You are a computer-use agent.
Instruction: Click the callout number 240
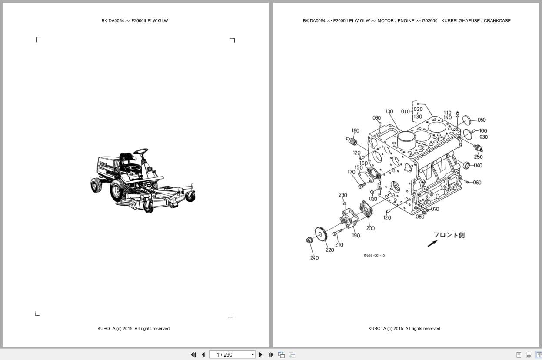314,258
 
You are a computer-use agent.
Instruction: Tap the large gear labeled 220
321,235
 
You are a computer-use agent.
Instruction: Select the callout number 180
355,130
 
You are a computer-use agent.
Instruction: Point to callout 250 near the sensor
478,157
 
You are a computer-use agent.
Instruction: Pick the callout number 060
477,183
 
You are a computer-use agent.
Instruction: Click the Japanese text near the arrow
449,235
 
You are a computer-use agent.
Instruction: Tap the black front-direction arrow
432,243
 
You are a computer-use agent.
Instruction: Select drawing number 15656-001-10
374,256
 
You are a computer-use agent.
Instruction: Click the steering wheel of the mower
140,151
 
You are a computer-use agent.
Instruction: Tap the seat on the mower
126,160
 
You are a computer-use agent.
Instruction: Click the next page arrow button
261,355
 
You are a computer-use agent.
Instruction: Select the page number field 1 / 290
230,355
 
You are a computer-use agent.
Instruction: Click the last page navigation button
271,355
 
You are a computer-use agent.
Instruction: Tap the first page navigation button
193,355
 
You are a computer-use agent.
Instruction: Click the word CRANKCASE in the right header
497,21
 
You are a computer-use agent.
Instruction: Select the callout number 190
356,236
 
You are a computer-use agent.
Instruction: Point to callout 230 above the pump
342,195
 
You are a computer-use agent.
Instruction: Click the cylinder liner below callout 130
407,141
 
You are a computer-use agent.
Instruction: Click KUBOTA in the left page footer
106,329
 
